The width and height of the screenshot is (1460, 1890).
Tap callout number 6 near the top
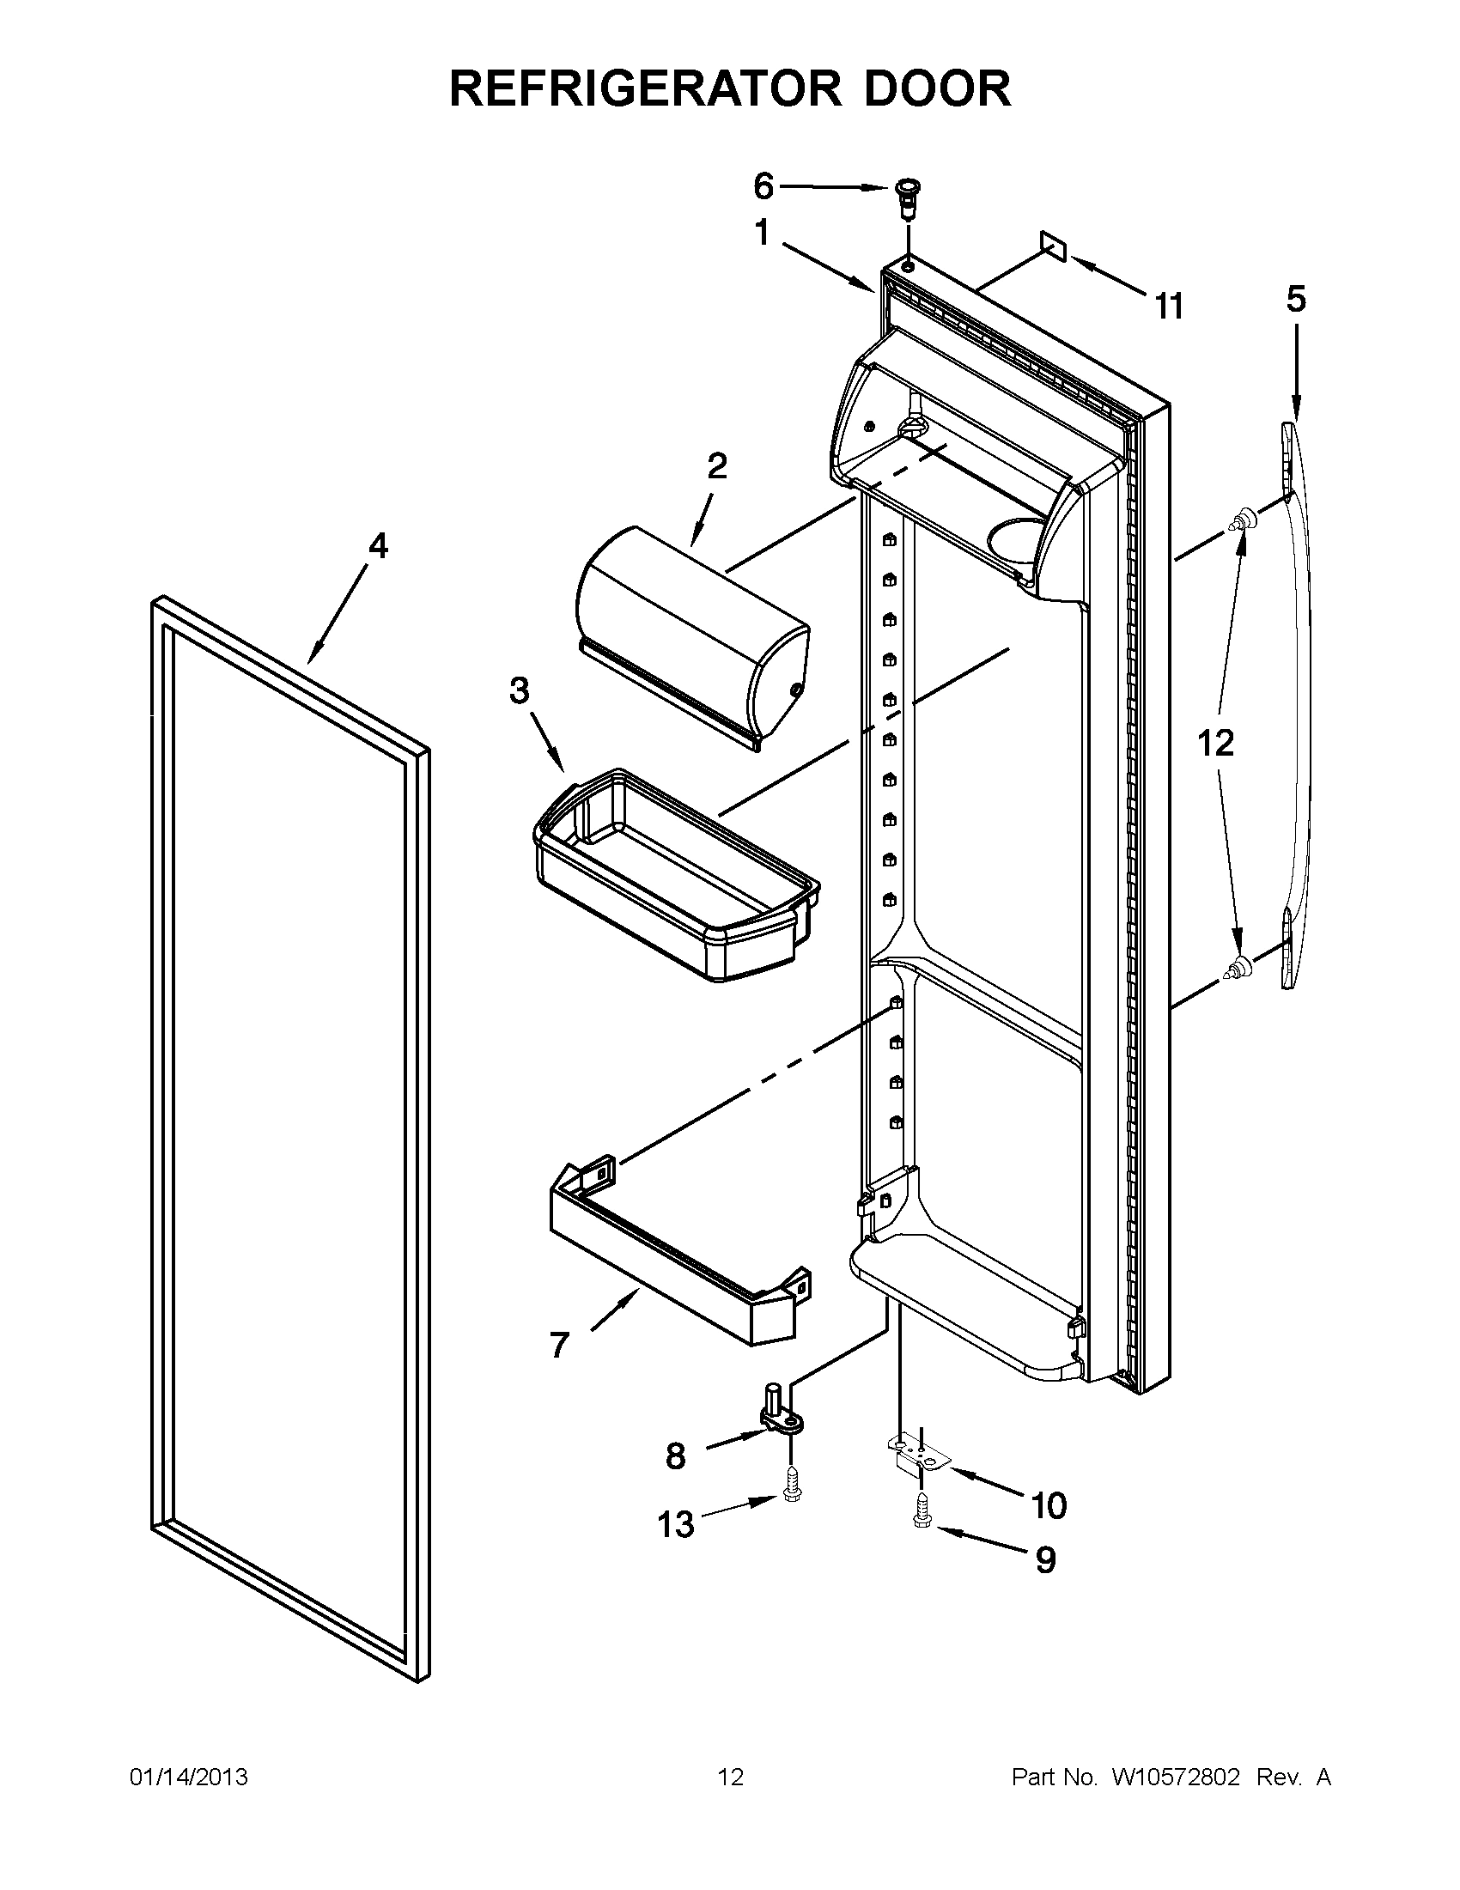[763, 185]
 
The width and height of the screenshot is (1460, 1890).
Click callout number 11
[1168, 306]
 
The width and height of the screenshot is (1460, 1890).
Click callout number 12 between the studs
[1215, 743]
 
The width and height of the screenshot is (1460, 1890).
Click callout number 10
[1048, 1506]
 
